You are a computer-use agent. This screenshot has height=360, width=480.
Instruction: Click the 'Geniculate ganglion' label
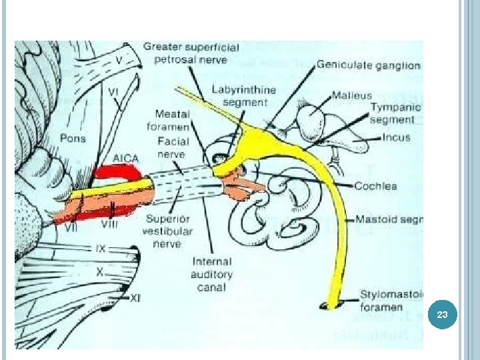pyautogui.click(x=368, y=65)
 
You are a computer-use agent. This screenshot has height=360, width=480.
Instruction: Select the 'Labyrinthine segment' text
pyautogui.click(x=239, y=95)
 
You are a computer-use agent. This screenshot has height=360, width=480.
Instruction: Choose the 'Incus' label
pyautogui.click(x=396, y=138)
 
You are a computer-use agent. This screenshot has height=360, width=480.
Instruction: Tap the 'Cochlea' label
pyautogui.click(x=377, y=185)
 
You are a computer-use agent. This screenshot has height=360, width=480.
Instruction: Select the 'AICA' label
pyautogui.click(x=125, y=158)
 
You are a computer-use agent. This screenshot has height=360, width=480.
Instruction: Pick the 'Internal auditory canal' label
pyautogui.click(x=211, y=275)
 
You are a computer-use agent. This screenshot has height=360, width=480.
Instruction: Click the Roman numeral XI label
pyautogui.click(x=135, y=298)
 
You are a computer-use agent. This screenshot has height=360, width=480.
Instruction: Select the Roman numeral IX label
pyautogui.click(x=100, y=249)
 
